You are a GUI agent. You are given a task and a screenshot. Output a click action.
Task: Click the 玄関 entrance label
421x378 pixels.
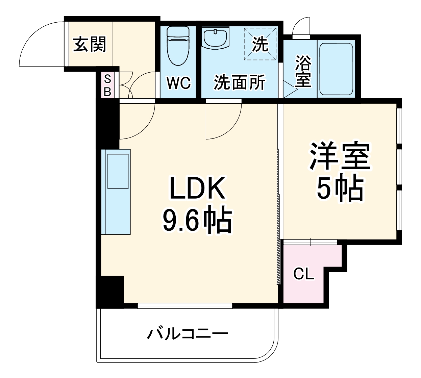coord(90,45)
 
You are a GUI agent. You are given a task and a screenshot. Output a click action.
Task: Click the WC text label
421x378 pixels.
coord(178,83)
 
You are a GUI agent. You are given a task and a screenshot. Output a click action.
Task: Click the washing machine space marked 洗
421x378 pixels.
coord(260,44)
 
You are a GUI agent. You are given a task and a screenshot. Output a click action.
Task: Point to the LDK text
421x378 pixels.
coord(197,188)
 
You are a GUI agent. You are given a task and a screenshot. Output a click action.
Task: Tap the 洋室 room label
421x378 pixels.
coord(340,157)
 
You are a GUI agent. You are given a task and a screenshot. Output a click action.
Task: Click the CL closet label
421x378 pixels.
coord(303,274)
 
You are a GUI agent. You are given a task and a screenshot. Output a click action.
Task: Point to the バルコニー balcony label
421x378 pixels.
coord(187,334)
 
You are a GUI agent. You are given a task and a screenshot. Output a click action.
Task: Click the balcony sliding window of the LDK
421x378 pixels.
coord(185,306)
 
